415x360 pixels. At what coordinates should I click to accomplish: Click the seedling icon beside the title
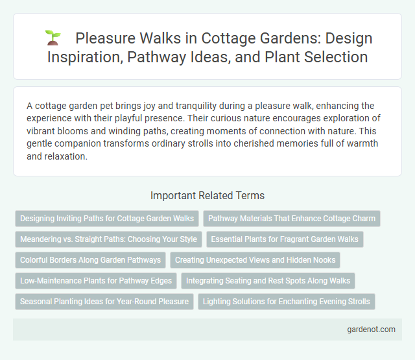(x=53, y=38)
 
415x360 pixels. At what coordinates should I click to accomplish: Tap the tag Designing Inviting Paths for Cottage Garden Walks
(x=107, y=219)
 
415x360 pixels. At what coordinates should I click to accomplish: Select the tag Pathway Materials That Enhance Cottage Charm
(x=292, y=219)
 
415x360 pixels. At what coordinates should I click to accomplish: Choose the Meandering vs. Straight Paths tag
(x=108, y=239)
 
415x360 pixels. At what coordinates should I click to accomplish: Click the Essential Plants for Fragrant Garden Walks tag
(x=285, y=239)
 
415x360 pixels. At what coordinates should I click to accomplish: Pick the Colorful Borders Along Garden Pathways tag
(x=91, y=260)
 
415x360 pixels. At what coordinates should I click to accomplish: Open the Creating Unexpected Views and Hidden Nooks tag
(x=255, y=260)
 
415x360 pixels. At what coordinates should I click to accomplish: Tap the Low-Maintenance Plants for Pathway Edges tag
(x=96, y=281)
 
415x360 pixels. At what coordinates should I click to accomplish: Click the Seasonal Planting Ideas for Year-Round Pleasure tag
(x=104, y=302)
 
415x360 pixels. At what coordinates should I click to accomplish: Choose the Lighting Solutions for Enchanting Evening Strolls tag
(x=286, y=302)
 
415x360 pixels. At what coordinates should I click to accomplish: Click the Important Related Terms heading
(x=207, y=195)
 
